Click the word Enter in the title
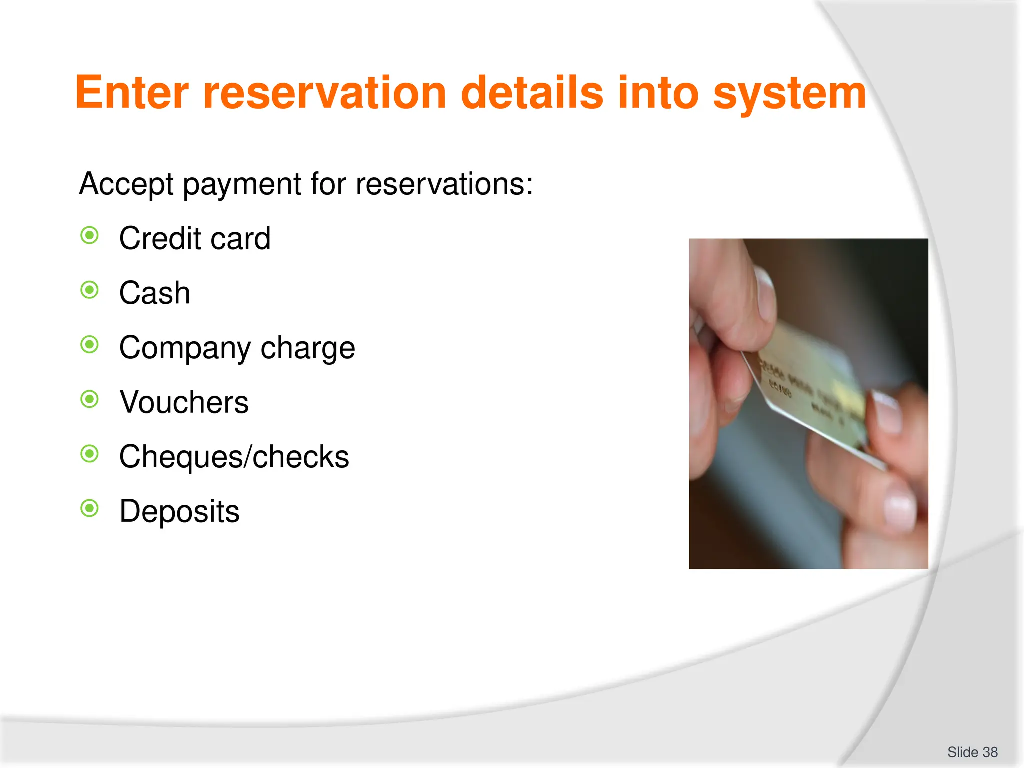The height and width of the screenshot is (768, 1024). coord(132,93)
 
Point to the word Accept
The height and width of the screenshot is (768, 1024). coord(126,184)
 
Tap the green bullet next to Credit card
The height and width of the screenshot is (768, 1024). coord(90,235)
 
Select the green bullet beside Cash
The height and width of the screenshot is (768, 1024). coord(90,290)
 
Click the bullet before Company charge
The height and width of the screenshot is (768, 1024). coord(90,344)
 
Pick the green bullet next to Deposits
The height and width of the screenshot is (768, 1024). coord(90,508)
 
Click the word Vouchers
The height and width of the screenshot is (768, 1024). coord(184,402)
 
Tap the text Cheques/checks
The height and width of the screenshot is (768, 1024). coord(234,457)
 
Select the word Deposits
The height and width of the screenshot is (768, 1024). coord(179,511)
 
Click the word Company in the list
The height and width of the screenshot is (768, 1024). coord(185,348)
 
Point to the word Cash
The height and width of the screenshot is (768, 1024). coord(155,293)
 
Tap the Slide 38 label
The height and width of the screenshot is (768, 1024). coord(972,752)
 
